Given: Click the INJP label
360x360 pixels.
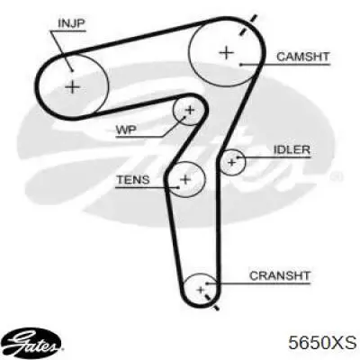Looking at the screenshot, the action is pos(71,23).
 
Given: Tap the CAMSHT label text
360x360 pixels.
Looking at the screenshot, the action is pos(302,57).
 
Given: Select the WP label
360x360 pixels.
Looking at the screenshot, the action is pos(126,130).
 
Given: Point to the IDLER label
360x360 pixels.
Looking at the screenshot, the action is pos(292,149).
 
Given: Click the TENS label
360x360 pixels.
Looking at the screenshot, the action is pos(133,180).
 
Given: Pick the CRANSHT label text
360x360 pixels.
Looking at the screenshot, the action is pos(280,275).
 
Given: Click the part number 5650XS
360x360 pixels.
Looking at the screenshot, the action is pos(322,343).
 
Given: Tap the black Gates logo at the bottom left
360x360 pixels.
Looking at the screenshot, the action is pos(34,344).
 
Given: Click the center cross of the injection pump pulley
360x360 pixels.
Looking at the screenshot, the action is pos(72,87).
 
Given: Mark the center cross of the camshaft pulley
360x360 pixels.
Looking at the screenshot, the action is pos(227,53).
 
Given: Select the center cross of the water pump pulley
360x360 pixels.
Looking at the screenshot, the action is pos(190,110).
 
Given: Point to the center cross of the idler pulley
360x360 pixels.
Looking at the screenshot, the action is pos(231,163).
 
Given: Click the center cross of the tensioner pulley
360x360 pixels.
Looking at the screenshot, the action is pos(185,179).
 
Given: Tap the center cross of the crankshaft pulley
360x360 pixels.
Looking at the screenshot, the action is pos(201,290).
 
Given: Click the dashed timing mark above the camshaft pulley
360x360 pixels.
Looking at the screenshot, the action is pos(247,25).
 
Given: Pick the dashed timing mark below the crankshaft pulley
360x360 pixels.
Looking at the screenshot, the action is pos(211,302).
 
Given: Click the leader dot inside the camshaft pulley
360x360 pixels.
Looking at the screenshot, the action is pos(240,65).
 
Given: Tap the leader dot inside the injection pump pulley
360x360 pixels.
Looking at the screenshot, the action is pos(73,70).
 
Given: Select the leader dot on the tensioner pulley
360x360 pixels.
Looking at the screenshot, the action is pos(179,187).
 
